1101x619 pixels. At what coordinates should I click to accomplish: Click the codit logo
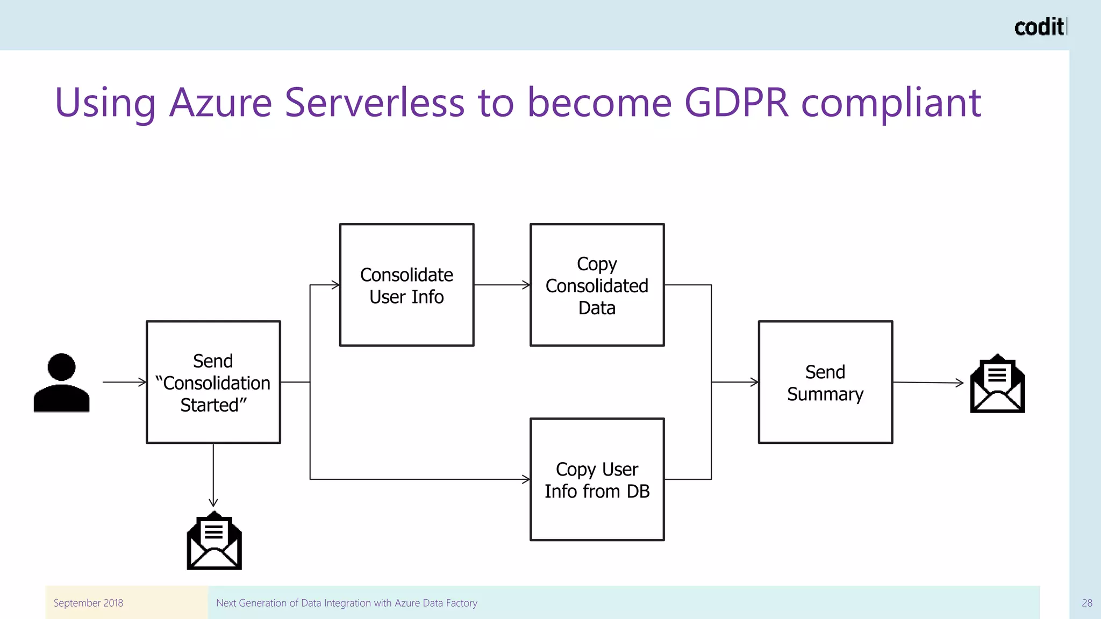tap(1039, 27)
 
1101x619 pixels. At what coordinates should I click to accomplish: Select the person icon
tap(61, 383)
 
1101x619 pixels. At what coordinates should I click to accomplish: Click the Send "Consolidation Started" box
tap(213, 382)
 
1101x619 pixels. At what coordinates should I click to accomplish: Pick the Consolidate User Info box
tap(406, 285)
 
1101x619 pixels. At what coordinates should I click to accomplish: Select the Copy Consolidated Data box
tap(597, 285)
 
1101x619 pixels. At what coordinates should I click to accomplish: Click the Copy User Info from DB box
tap(597, 479)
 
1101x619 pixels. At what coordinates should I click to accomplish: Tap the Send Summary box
tap(825, 382)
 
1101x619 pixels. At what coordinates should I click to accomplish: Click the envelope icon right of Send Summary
tap(997, 384)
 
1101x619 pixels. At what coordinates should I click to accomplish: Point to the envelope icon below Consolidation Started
tap(214, 541)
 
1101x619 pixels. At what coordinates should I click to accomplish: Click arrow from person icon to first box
tap(124, 382)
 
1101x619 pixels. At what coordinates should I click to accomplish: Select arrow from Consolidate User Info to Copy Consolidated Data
tap(502, 285)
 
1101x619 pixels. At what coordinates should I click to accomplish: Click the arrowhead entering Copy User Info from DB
tap(526, 479)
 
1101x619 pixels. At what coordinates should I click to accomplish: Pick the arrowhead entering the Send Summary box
tap(754, 382)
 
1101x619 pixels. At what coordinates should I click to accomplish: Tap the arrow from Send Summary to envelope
tap(928, 383)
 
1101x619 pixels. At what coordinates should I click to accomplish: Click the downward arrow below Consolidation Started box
tap(213, 475)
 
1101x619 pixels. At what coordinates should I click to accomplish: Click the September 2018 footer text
tap(88, 603)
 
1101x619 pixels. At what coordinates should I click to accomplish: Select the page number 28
tap(1086, 603)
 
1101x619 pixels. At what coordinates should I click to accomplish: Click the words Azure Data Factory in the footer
tap(435, 603)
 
